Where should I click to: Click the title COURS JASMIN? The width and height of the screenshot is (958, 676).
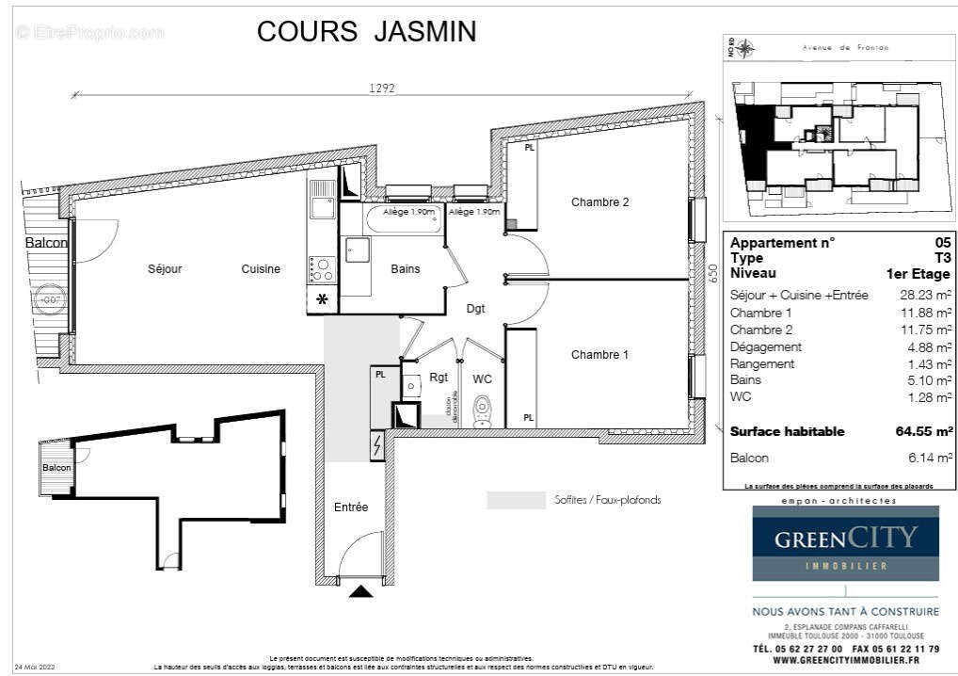366,31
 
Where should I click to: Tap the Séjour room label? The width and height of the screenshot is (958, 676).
165,269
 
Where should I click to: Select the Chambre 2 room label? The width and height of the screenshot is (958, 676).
599,202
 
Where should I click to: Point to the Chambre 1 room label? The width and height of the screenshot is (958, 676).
599,355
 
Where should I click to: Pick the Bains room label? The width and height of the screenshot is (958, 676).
405,269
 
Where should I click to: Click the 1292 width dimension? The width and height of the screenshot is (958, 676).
381,89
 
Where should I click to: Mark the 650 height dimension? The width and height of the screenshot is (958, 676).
712,273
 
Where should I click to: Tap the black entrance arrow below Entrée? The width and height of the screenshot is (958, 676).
360,591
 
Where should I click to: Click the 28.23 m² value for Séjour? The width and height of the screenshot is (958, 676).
927,296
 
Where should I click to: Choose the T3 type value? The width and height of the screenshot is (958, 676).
942,258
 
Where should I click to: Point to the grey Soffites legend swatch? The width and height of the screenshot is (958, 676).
516,500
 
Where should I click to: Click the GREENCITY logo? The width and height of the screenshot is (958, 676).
845,543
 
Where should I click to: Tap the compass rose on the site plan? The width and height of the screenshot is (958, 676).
745,48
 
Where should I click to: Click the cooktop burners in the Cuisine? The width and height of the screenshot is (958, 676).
322,269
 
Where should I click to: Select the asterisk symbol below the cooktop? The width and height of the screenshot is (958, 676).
322,300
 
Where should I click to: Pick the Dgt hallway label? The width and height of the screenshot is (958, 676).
476,308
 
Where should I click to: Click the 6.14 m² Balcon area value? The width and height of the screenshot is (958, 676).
930,459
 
